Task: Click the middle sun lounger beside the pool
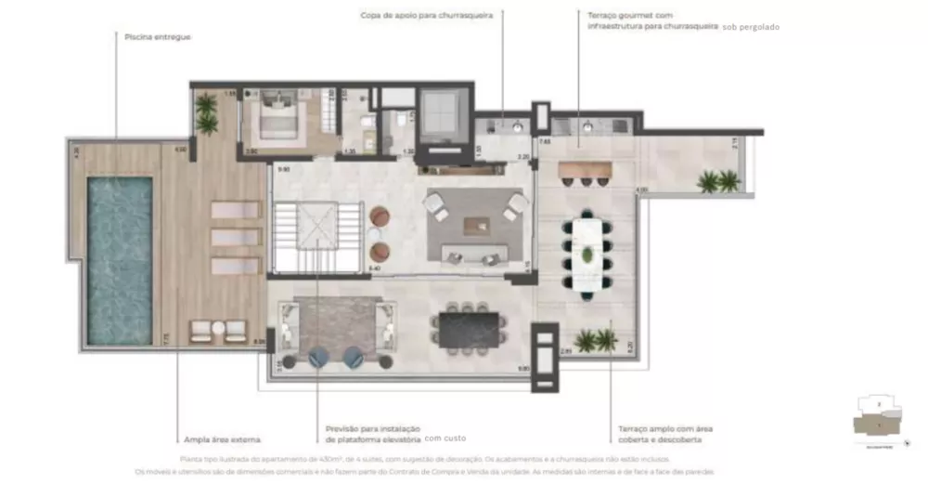235,237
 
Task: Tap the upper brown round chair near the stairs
380,216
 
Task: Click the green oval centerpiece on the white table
587,255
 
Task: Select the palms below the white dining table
595,341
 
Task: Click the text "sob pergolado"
751,28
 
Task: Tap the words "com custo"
445,438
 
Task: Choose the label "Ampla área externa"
222,439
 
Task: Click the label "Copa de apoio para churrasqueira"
427,16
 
